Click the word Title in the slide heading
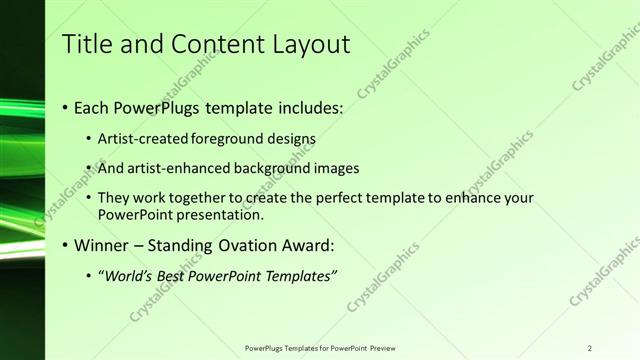(x=86, y=44)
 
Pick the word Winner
(x=101, y=245)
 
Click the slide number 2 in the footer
(x=590, y=348)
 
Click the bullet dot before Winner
(x=65, y=246)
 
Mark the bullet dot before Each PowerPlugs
(x=65, y=107)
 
